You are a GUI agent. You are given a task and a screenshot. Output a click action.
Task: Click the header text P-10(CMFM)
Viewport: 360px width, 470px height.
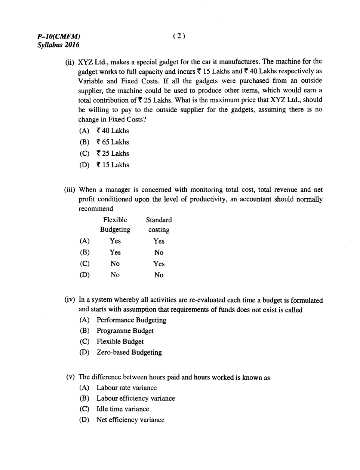click(59, 37)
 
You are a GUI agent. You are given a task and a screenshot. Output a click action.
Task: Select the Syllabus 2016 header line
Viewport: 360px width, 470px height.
click(58, 45)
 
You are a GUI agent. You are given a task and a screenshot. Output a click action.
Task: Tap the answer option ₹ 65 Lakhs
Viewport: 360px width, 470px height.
click(113, 142)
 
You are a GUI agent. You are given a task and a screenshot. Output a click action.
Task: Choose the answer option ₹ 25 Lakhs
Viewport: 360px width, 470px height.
click(113, 153)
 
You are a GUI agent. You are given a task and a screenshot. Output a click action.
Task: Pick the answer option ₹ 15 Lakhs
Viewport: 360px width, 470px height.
click(113, 165)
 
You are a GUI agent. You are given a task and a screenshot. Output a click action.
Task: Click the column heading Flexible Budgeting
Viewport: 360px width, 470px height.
click(115, 225)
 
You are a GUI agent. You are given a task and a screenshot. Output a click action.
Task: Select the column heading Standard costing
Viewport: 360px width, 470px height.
click(159, 225)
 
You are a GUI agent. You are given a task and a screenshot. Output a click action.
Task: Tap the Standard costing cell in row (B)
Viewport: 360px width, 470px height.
click(159, 253)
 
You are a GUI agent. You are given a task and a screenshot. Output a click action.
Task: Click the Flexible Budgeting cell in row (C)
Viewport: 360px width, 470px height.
click(115, 264)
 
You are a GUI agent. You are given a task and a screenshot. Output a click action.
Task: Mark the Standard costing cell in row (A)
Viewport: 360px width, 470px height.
click(159, 241)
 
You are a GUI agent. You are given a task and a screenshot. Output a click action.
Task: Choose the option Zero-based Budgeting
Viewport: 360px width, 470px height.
click(129, 352)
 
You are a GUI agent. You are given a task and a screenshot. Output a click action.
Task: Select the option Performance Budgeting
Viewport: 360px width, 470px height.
click(131, 320)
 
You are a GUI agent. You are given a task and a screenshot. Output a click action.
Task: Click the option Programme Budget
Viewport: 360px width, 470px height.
click(125, 331)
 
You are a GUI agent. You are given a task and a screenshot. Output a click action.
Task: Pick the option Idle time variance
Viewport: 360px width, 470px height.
click(123, 409)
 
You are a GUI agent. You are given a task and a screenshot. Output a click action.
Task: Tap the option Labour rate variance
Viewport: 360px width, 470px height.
click(126, 388)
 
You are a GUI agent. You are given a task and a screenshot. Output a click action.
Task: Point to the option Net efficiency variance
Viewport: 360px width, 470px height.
click(130, 420)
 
